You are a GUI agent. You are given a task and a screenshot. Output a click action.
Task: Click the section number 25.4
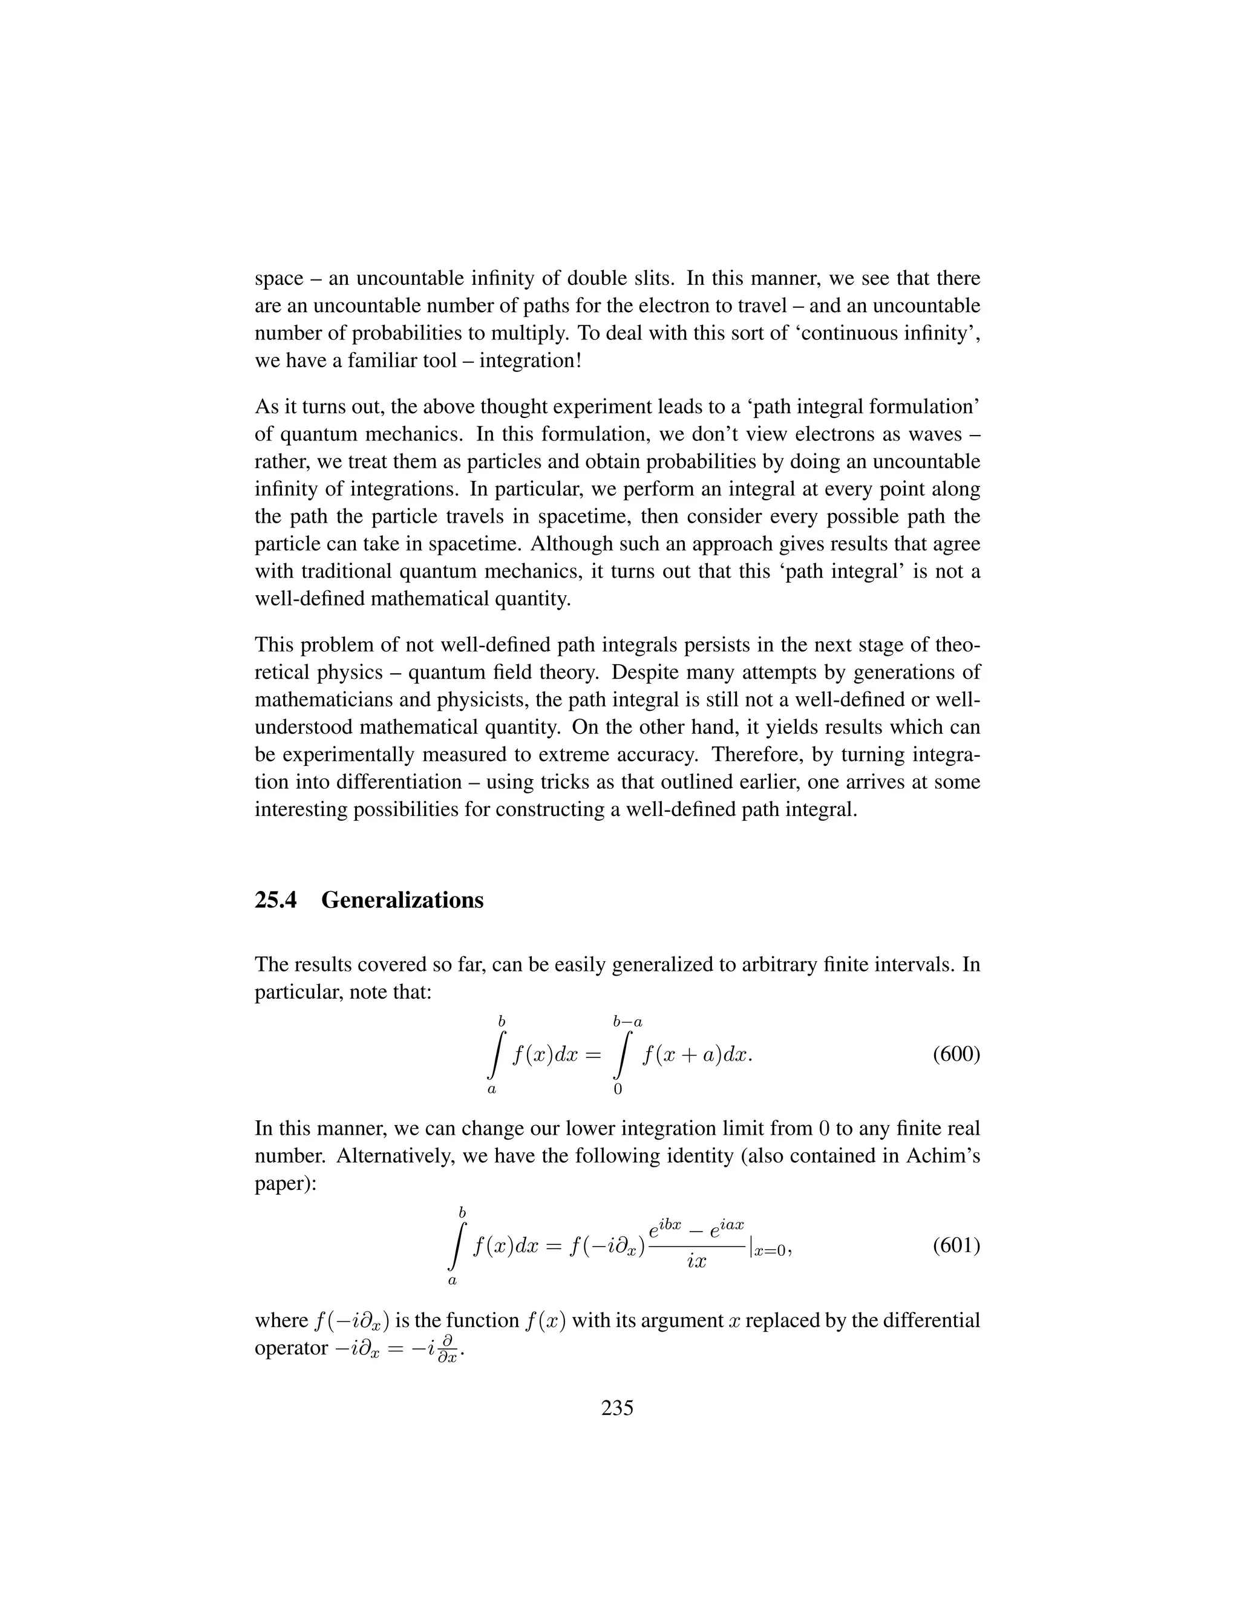pos(275,900)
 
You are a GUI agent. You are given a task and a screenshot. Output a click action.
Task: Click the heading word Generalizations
pos(402,900)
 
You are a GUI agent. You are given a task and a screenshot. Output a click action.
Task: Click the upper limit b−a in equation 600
pos(627,1021)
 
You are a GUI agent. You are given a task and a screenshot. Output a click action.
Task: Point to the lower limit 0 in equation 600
pos(617,1090)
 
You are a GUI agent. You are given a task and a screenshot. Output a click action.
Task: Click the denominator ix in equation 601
pos(696,1262)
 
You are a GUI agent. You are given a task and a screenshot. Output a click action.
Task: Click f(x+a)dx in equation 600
pos(695,1056)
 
